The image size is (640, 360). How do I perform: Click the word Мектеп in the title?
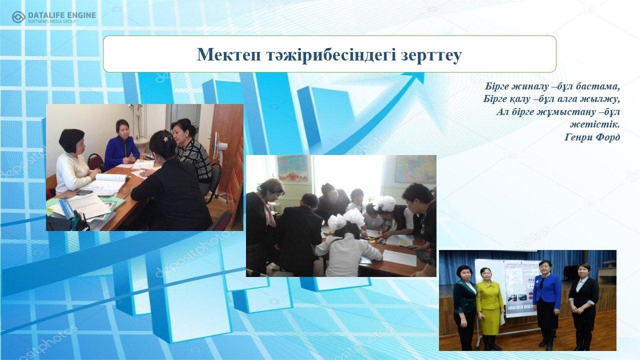point(229,54)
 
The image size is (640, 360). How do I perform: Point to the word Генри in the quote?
point(577,137)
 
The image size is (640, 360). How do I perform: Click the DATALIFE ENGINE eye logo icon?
point(18,17)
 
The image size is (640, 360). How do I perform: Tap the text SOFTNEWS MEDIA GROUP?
point(52,21)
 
